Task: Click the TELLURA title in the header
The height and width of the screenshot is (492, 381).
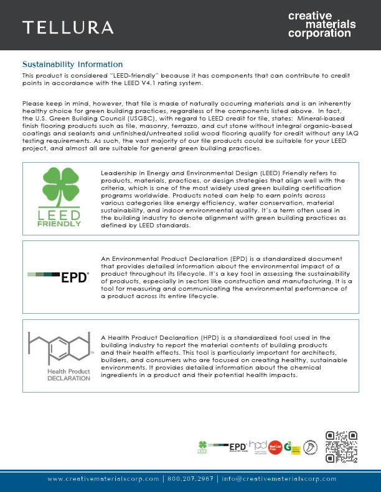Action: (x=68, y=27)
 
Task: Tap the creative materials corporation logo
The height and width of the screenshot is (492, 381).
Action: (x=322, y=24)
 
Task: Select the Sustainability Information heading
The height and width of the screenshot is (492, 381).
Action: (x=72, y=65)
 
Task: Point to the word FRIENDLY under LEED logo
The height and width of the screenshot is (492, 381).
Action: (x=61, y=224)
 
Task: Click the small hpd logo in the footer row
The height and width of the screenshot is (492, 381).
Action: (x=258, y=446)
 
